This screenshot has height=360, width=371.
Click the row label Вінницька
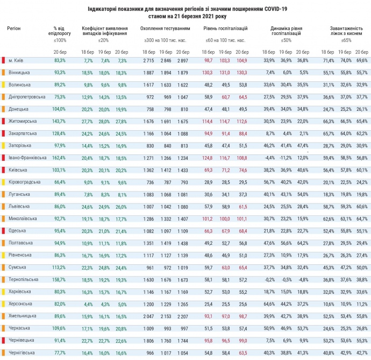19,72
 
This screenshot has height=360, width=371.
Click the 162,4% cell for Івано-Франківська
59,157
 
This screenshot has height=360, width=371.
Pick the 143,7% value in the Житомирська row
59,121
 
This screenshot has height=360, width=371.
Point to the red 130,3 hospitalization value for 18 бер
208,72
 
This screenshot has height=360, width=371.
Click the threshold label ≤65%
346,40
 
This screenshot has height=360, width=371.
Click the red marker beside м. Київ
4,60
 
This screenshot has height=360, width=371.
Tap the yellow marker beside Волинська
4,84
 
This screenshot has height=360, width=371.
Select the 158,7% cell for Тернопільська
59,279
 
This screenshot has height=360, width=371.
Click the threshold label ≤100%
60,40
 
